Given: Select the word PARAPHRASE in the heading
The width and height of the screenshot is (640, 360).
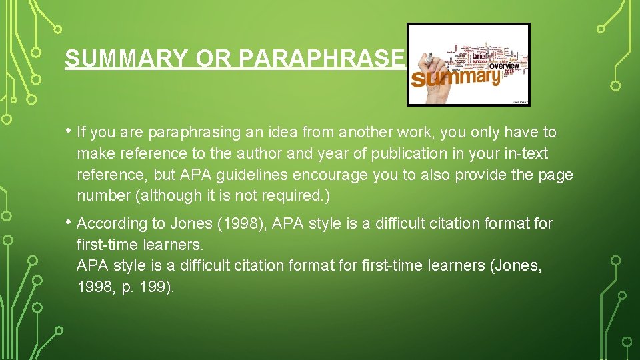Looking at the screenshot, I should [321, 59].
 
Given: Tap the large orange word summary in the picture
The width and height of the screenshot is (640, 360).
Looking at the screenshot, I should [456, 77].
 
